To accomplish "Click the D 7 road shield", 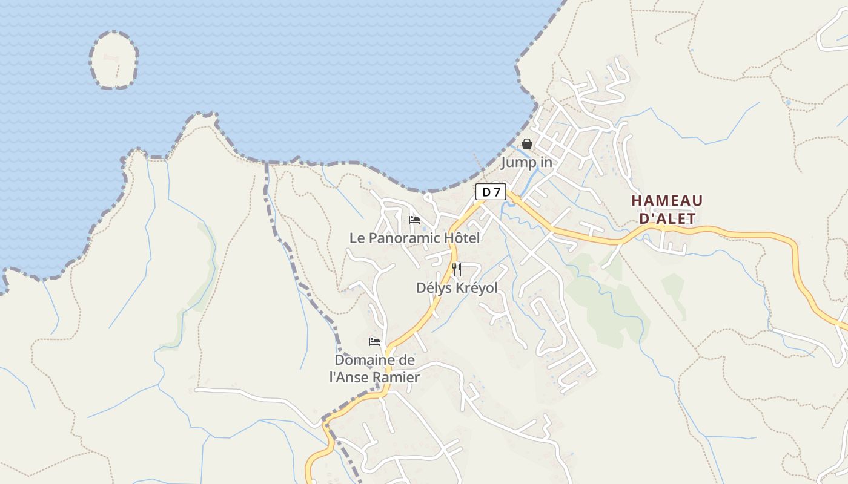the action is click(491, 192).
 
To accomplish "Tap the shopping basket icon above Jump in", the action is click(527, 144).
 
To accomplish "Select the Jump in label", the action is click(526, 162).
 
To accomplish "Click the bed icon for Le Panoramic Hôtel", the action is click(414, 220).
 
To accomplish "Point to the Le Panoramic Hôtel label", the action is click(414, 238).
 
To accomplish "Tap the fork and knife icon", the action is click(457, 270).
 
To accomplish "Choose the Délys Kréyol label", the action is click(457, 288).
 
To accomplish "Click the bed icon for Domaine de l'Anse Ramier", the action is click(374, 342).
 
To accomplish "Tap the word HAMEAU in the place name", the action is click(667, 201).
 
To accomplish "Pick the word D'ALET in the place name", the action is click(667, 218).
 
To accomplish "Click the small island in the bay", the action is click(114, 60).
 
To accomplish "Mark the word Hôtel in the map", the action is click(462, 238).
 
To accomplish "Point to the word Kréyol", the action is click(475, 288).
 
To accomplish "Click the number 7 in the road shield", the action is click(497, 192).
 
